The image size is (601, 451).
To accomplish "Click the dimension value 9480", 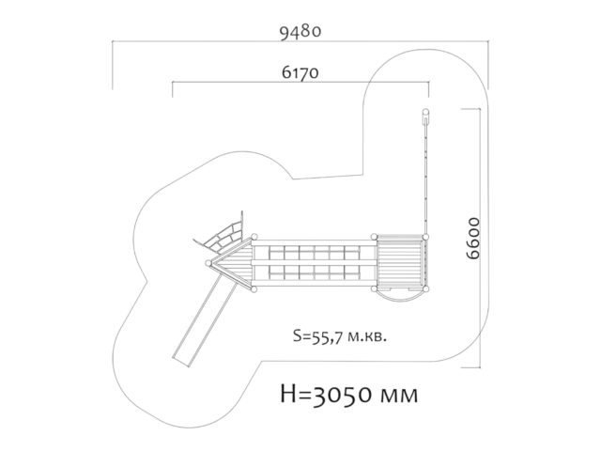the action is click(300, 32).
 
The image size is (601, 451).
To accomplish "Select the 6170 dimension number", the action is click(300, 72).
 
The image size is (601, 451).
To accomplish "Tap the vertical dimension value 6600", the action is click(473, 239).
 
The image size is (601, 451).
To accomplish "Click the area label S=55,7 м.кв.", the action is click(340, 336).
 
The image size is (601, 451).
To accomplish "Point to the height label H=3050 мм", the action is click(349, 394).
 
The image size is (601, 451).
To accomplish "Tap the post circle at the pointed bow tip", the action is click(208, 263).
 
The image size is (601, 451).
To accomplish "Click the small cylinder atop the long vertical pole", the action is click(425, 117).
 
